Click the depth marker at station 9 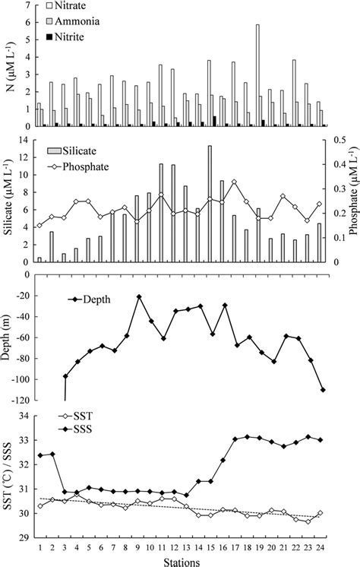pyautogui.click(x=139, y=296)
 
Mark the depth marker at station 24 pyautogui.click(x=323, y=390)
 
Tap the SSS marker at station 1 pyautogui.click(x=39, y=455)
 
